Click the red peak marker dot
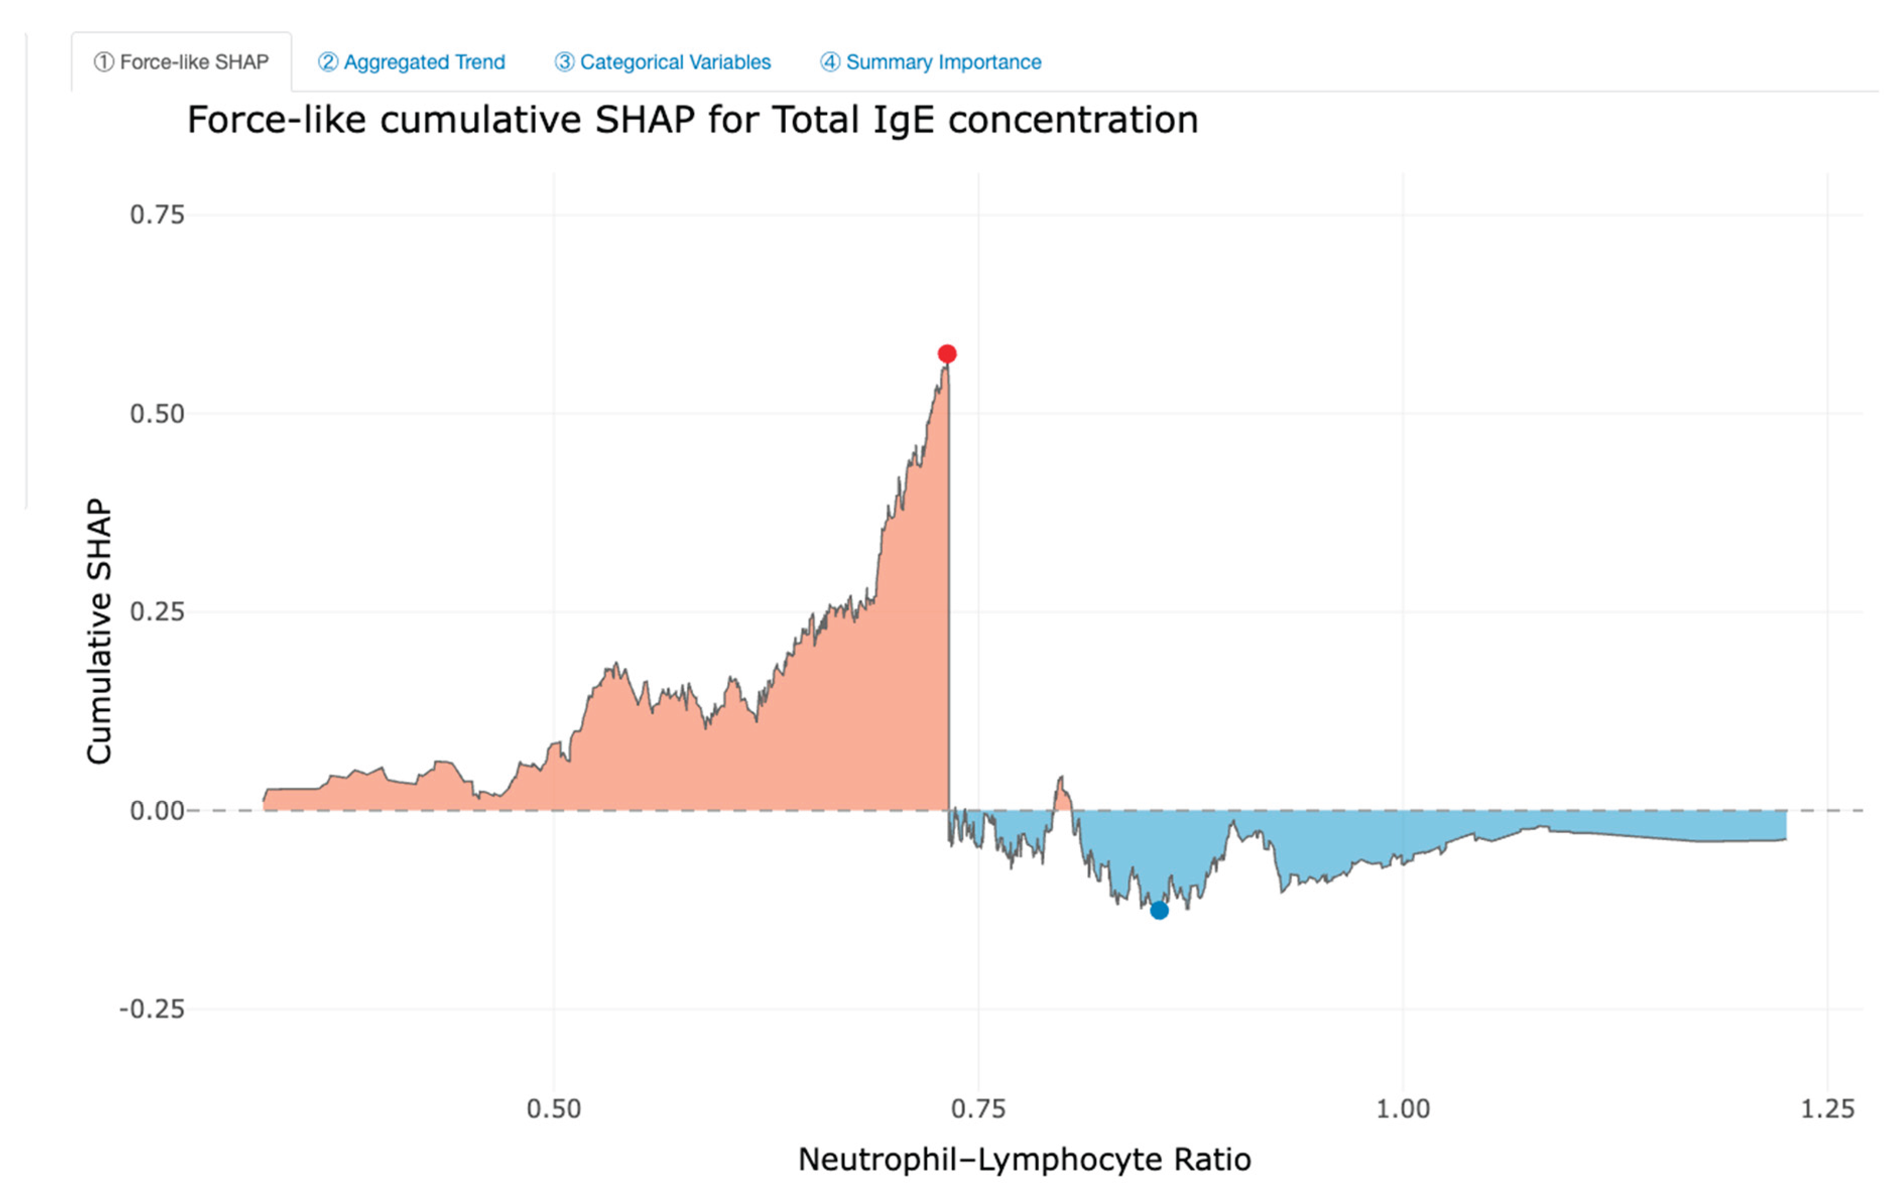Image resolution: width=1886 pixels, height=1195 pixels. coord(947,354)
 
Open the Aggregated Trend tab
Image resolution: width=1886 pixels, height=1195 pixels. coord(411,62)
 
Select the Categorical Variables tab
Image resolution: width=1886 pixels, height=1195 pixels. coord(663,62)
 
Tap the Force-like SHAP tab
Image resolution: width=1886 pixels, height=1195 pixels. coord(182,62)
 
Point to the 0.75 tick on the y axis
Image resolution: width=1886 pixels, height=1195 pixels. coord(157,215)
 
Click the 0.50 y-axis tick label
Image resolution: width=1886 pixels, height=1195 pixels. coord(157,413)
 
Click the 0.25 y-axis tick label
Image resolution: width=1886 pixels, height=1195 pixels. coord(157,611)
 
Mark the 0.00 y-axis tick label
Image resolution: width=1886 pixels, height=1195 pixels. coord(157,810)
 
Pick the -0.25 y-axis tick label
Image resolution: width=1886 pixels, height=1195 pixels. coord(152,1009)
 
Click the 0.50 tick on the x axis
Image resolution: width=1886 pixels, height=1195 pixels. coord(554,1109)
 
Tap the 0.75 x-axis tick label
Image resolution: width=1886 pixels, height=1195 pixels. coord(978,1109)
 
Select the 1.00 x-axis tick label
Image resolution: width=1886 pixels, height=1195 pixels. coord(1403,1109)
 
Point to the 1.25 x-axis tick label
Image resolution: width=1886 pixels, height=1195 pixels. coord(1827,1109)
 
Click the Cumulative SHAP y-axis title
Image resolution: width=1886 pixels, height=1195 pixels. coord(99,631)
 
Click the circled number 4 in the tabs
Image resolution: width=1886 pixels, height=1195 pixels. coord(830,62)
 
